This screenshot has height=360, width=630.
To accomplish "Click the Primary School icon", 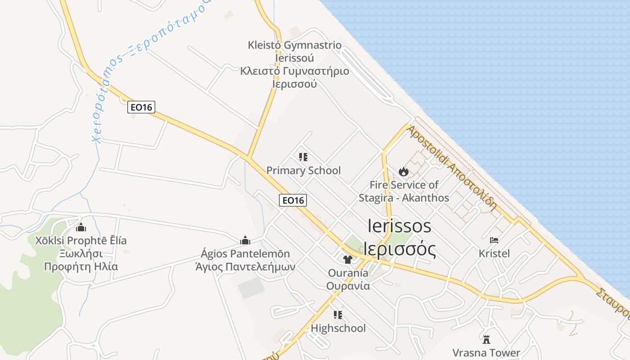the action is coord(303,157).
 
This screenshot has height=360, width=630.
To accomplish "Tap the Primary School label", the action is coord(304,171).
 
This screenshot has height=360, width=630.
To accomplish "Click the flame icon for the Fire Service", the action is coord(404,171).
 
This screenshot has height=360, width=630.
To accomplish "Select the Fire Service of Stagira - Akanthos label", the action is coord(404,191).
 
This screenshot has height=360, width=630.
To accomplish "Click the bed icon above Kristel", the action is coord(494,240).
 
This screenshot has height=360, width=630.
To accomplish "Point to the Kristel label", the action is coord(494,253).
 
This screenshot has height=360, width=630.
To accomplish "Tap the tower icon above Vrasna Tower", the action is coord(486,339).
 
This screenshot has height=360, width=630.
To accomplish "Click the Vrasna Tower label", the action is coord(486,352).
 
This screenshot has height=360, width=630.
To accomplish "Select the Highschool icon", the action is coord(338,315).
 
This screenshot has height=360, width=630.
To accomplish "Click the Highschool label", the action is coord(338,328).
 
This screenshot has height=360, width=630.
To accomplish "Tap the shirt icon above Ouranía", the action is coord(348,259).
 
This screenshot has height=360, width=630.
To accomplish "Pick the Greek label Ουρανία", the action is coord(348,286).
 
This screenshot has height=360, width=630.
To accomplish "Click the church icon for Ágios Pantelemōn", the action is coord(245,240).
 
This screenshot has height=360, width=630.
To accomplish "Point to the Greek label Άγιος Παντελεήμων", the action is coord(245,266).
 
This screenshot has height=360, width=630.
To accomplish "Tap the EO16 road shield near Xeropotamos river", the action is coord(141,107).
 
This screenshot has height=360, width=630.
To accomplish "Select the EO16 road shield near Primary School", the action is coord(293,200).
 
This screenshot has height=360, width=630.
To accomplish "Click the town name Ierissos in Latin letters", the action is coord(400,225).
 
